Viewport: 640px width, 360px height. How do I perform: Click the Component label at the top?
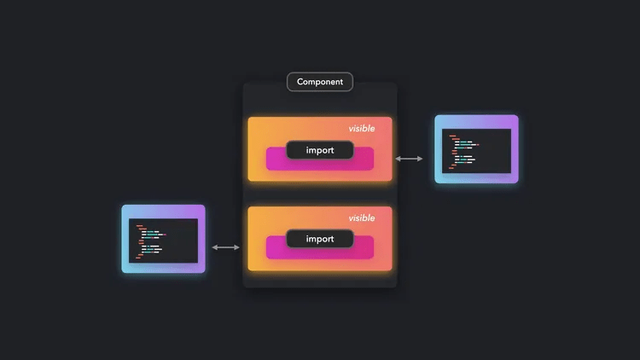click(320, 82)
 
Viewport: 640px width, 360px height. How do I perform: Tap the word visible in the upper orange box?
click(361, 129)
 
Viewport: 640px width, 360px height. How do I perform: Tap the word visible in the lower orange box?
click(361, 218)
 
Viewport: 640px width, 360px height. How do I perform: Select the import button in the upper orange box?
click(319, 150)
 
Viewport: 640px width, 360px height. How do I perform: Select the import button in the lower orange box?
click(319, 239)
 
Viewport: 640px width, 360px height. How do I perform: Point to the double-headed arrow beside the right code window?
click(410, 159)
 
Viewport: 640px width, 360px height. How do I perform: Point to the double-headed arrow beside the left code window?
click(226, 247)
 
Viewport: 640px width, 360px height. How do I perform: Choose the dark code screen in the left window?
click(163, 240)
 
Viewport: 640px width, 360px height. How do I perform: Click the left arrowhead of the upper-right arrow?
click(399, 159)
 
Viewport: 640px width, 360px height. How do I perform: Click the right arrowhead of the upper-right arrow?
click(421, 159)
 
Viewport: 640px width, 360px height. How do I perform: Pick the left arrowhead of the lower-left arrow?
click(214, 247)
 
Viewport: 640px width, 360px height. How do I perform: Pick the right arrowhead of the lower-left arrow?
click(238, 247)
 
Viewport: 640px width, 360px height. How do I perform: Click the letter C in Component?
click(300, 82)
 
